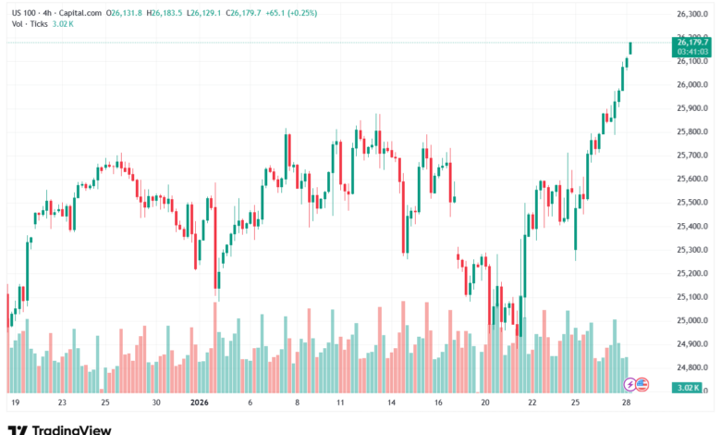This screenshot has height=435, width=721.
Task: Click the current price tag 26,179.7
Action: (x=691, y=43)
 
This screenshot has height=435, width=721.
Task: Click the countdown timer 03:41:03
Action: (x=691, y=52)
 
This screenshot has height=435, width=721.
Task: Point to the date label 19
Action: (x=15, y=404)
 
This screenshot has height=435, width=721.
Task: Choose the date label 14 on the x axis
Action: (x=392, y=404)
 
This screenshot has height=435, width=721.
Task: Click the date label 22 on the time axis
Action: (x=532, y=404)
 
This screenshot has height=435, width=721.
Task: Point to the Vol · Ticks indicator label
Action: (x=30, y=24)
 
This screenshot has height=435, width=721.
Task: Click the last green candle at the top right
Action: (x=630, y=47)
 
